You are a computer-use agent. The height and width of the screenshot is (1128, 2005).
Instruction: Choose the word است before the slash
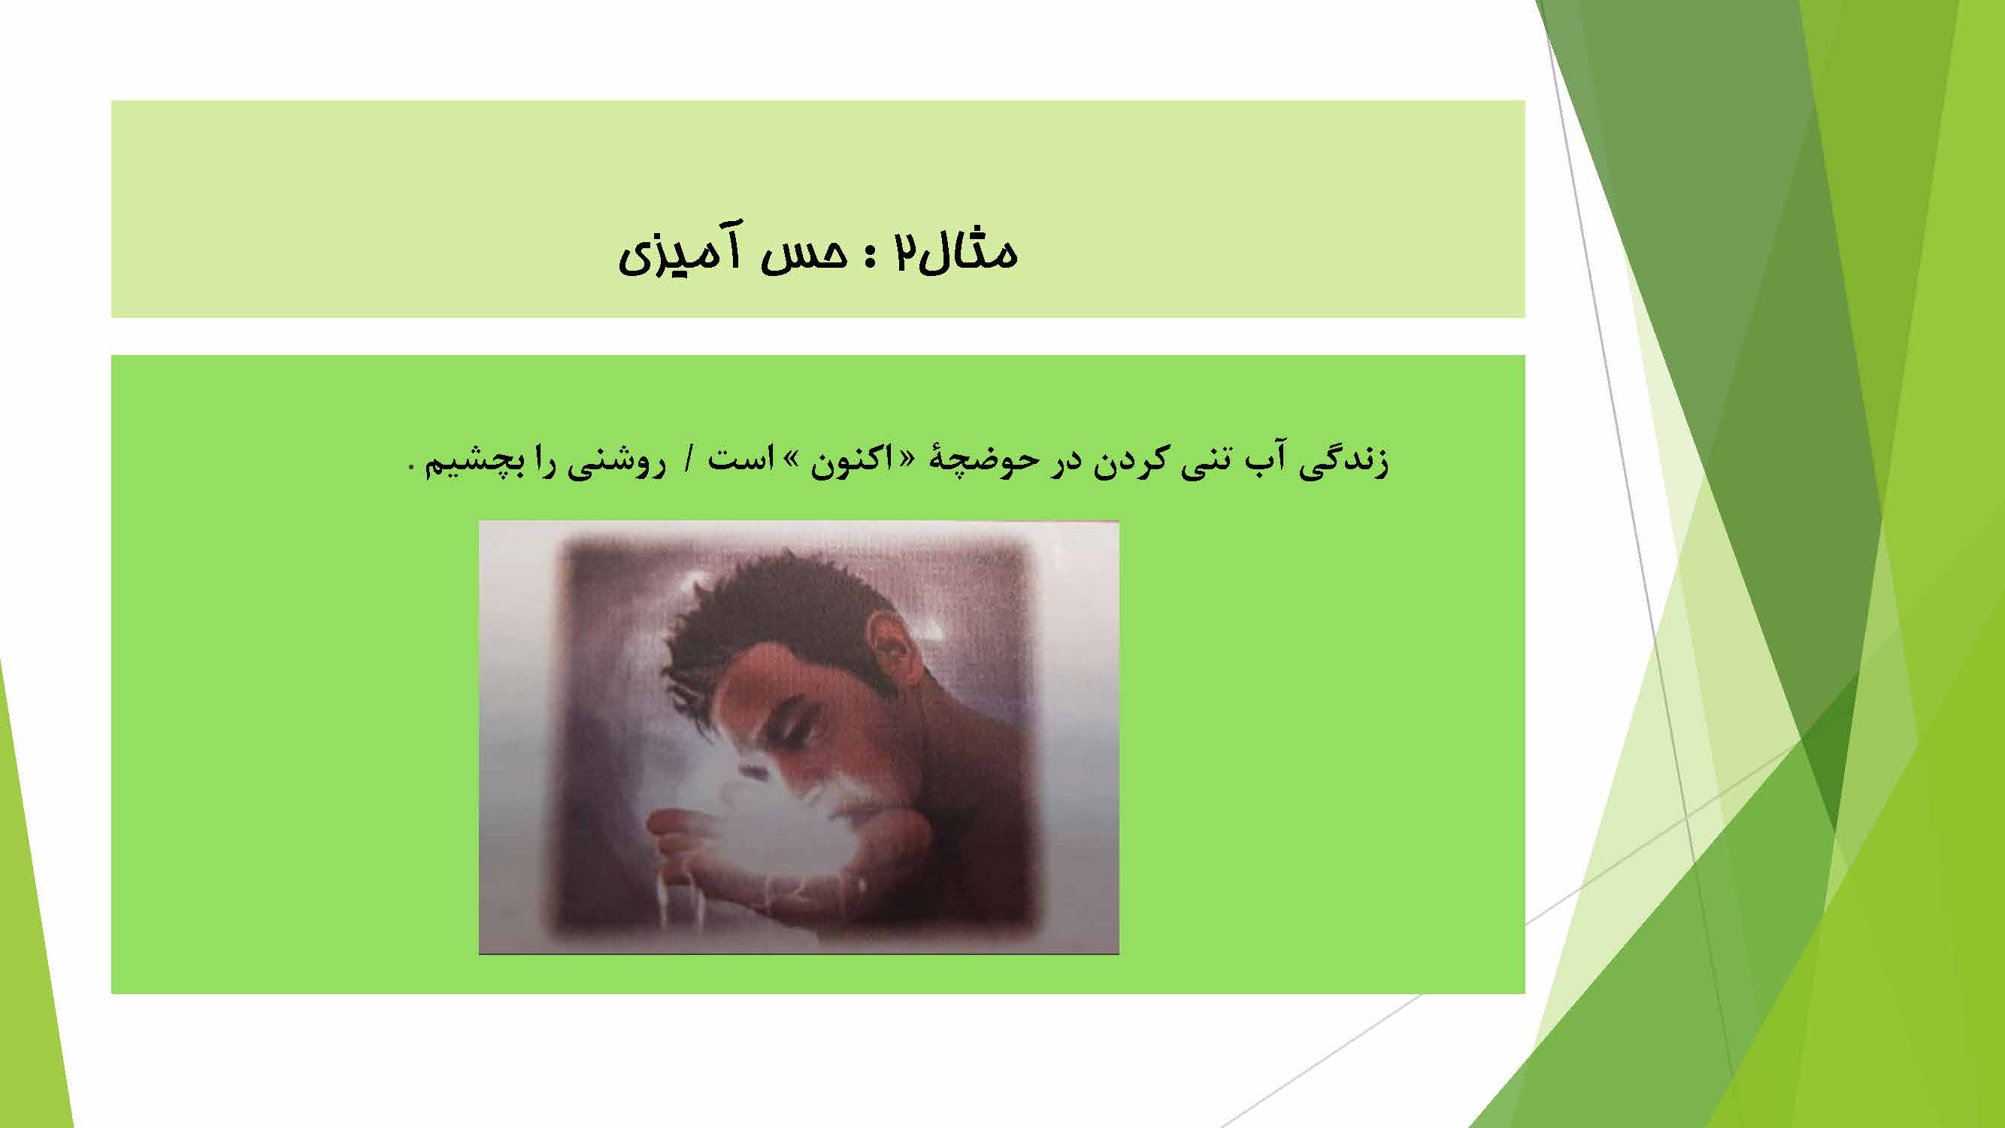point(739,460)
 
